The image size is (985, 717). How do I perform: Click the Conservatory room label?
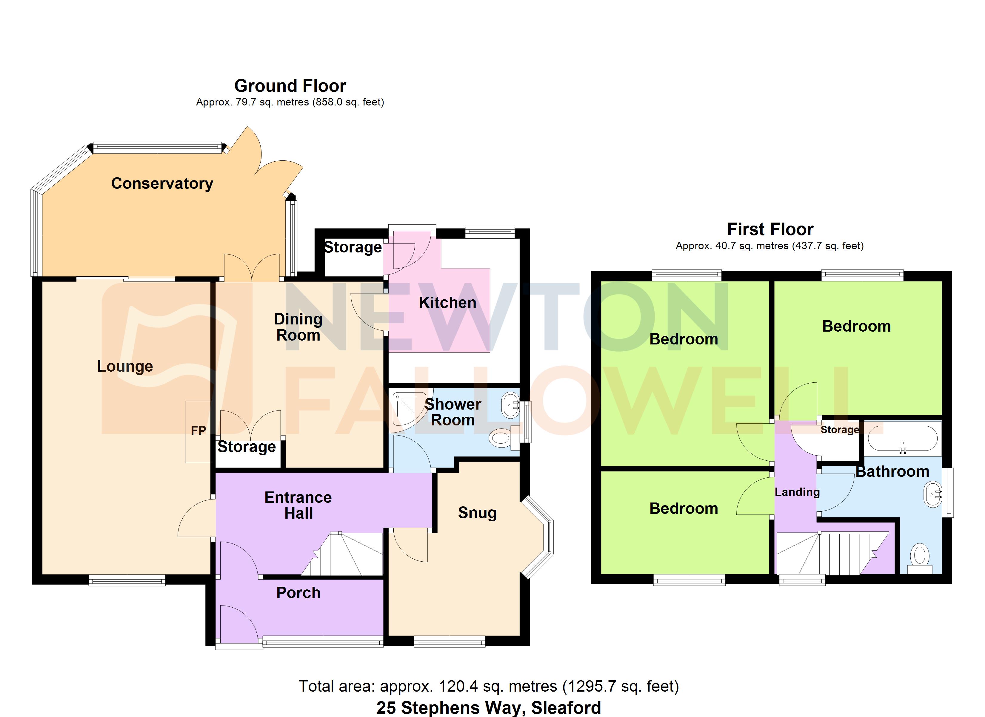click(x=162, y=183)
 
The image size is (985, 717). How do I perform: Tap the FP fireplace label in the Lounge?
click(x=198, y=430)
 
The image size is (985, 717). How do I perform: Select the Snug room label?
click(x=477, y=513)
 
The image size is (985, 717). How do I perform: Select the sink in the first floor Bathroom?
click(x=933, y=494)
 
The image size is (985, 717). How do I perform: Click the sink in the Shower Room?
click(x=510, y=405)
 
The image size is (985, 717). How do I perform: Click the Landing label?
click(x=797, y=492)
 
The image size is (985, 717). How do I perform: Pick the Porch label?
click(x=298, y=593)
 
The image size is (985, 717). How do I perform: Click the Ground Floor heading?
click(x=290, y=86)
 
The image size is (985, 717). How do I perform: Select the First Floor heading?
click(x=770, y=229)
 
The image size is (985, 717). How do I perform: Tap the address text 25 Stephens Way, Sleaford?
click(x=489, y=708)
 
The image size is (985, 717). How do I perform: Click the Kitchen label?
click(x=447, y=303)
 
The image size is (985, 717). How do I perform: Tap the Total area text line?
click(x=489, y=686)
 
